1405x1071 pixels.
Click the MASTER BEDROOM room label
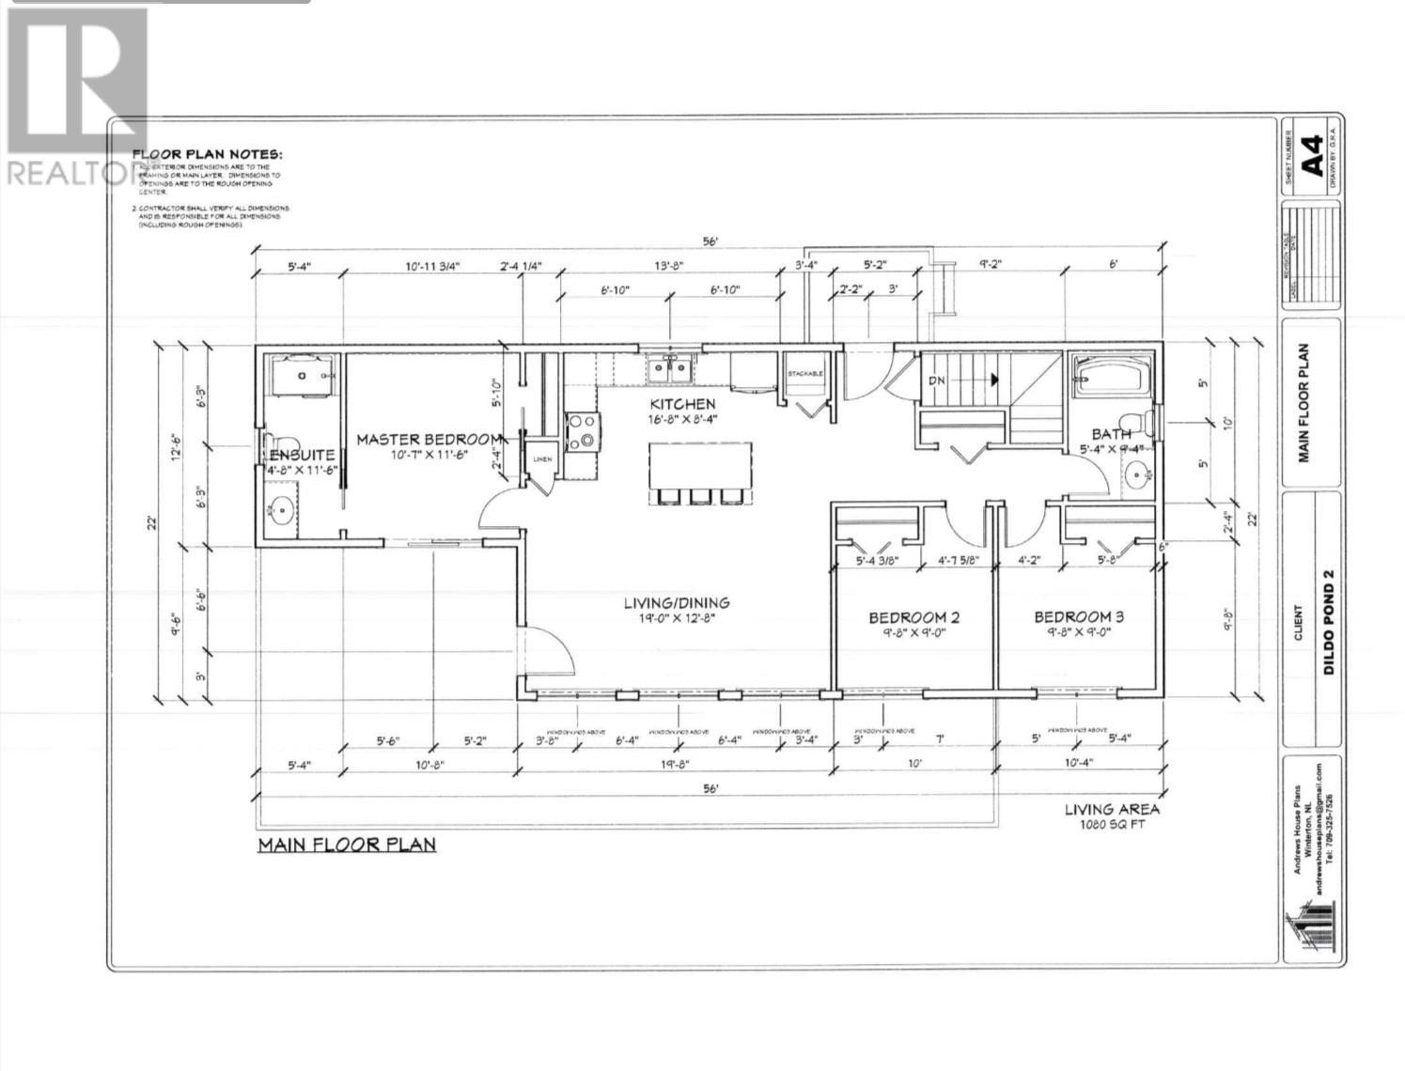coord(428,439)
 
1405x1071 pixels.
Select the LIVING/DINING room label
coord(677,603)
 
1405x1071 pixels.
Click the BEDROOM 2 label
coord(913,617)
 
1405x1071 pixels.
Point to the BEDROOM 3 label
coord(1078,617)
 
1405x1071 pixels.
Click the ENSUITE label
coord(302,455)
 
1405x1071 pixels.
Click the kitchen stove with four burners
coord(581,431)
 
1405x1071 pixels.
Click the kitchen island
coord(700,464)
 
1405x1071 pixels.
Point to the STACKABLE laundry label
coord(804,373)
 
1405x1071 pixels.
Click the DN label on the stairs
coord(937,380)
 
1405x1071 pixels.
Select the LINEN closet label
coord(542,458)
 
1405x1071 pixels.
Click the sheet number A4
coord(1313,154)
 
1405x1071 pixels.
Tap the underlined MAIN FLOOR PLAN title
coord(347,844)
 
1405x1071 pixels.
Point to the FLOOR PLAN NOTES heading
coord(206,155)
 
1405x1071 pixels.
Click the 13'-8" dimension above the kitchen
coord(668,266)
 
